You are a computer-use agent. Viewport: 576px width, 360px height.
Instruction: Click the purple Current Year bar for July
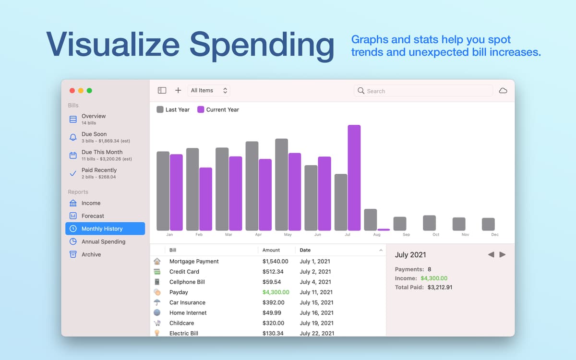(354, 178)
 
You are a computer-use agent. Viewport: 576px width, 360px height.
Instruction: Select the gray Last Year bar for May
(282, 185)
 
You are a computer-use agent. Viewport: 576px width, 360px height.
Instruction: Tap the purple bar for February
(205, 199)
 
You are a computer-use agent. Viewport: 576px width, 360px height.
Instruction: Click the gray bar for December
(488, 224)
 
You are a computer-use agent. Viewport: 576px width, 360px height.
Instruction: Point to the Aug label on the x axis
(377, 235)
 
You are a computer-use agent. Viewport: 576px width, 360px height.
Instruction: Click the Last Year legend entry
(173, 109)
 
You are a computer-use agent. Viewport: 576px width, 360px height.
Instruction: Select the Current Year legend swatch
(201, 109)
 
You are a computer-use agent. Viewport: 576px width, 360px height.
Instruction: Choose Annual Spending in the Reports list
(103, 241)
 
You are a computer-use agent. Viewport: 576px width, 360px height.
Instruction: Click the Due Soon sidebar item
(94, 134)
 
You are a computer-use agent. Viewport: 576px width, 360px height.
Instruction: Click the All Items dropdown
(209, 90)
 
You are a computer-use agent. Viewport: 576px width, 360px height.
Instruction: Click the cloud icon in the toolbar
(503, 91)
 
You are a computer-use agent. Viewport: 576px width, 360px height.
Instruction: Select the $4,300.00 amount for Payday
(276, 292)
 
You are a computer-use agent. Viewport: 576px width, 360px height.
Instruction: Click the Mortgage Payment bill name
(194, 261)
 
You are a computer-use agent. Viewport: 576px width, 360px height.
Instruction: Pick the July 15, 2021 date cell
(316, 302)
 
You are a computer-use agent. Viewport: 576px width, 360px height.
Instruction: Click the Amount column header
(271, 250)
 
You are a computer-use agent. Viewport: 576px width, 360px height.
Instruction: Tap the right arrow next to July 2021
(502, 254)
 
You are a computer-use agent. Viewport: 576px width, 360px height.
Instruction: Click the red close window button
(72, 90)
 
